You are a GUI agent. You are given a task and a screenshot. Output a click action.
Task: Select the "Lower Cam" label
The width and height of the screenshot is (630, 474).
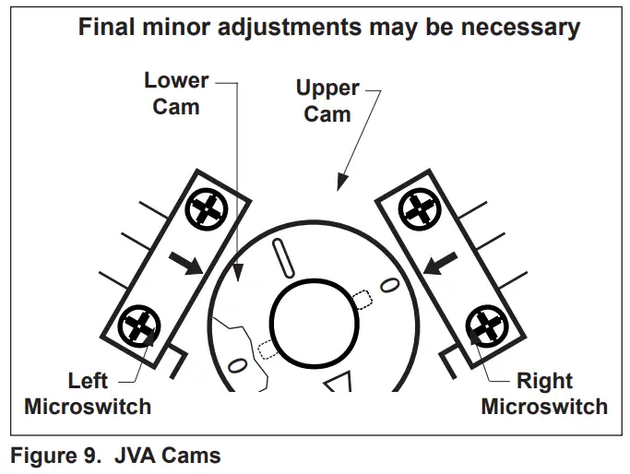pos(175,93)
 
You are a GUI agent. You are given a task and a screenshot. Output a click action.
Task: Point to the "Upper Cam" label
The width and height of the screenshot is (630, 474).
pos(327,101)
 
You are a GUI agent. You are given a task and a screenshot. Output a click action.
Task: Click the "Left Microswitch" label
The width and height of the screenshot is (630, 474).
pos(88,393)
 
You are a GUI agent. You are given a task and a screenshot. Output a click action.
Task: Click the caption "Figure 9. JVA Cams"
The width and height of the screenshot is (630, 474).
pos(115,456)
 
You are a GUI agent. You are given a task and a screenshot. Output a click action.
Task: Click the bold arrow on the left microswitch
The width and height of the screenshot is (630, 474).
pos(187,264)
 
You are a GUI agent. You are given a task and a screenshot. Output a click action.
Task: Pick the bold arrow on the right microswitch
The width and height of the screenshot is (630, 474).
pos(439,264)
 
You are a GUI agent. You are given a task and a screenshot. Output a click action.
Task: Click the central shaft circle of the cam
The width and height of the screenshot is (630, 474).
pos(314,321)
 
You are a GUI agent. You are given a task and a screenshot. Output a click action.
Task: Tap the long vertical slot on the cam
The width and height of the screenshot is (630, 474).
pos(284,255)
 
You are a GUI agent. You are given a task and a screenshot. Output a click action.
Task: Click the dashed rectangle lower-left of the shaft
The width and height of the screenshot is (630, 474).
pos(267,349)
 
